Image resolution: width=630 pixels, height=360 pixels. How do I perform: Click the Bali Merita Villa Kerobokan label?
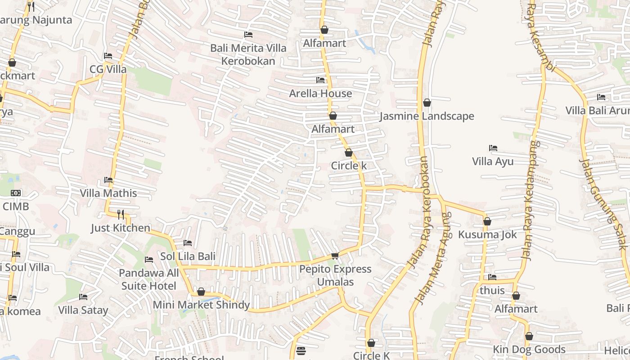[248, 54]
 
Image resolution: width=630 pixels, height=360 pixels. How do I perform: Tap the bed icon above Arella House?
[320, 80]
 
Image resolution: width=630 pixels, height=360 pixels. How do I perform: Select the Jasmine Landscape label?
[427, 116]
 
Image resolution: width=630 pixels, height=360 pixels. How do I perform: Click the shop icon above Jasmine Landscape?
[427, 103]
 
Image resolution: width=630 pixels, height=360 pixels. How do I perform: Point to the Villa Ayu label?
[493, 162]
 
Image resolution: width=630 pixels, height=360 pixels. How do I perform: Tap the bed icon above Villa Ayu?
[493, 148]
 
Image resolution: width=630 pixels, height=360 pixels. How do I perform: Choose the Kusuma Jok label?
[487, 234]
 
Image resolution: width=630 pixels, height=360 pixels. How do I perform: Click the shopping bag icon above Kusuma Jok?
[487, 221]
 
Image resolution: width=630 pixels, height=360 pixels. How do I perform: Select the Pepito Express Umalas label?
[335, 275]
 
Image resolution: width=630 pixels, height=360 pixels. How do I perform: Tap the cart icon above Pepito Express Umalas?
[335, 256]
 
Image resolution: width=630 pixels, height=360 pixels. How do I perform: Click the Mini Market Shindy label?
[201, 305]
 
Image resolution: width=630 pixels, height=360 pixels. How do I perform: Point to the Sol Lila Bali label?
[188, 256]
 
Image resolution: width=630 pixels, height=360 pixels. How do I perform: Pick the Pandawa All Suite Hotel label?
[148, 279]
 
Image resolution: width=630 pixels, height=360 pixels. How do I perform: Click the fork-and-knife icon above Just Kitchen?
[121, 214]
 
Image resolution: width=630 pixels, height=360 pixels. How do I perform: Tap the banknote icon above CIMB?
[16, 193]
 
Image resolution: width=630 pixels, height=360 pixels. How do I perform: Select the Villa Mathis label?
[108, 193]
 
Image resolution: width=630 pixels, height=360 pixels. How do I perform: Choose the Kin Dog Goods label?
[529, 349]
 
